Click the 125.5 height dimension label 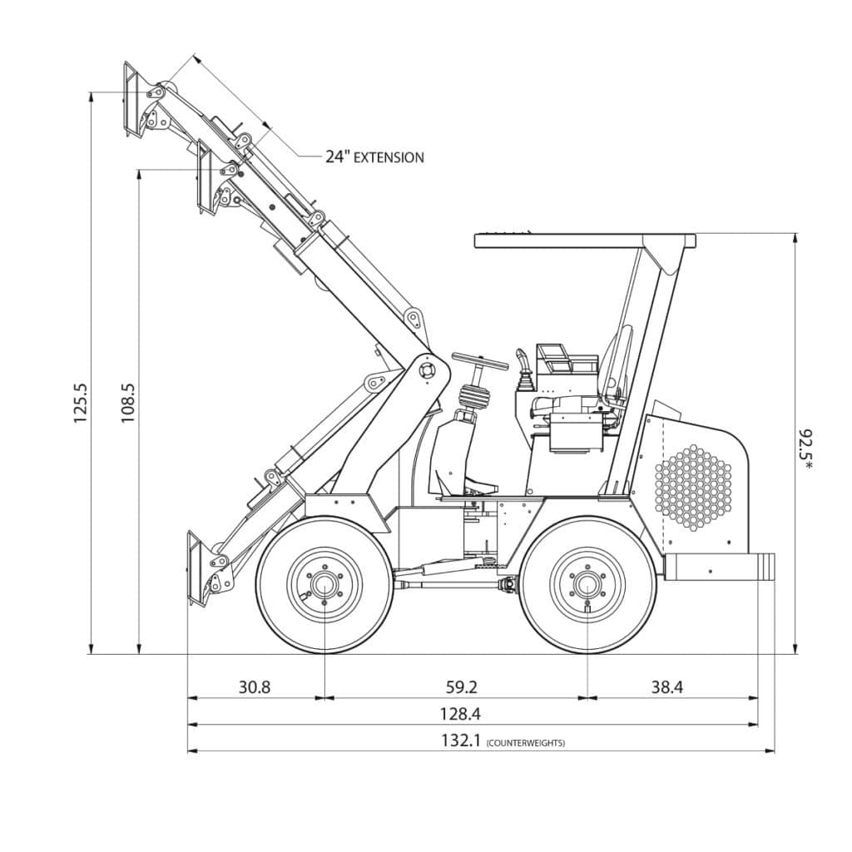click(x=81, y=404)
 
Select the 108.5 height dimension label click(x=129, y=404)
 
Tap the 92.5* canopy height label click(x=805, y=449)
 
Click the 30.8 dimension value click(x=255, y=687)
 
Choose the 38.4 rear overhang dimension click(x=666, y=687)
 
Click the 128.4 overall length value click(x=460, y=714)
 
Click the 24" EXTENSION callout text click(x=374, y=156)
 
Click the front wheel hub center click(x=324, y=584)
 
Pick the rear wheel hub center click(x=587, y=584)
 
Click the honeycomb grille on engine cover click(x=693, y=487)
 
